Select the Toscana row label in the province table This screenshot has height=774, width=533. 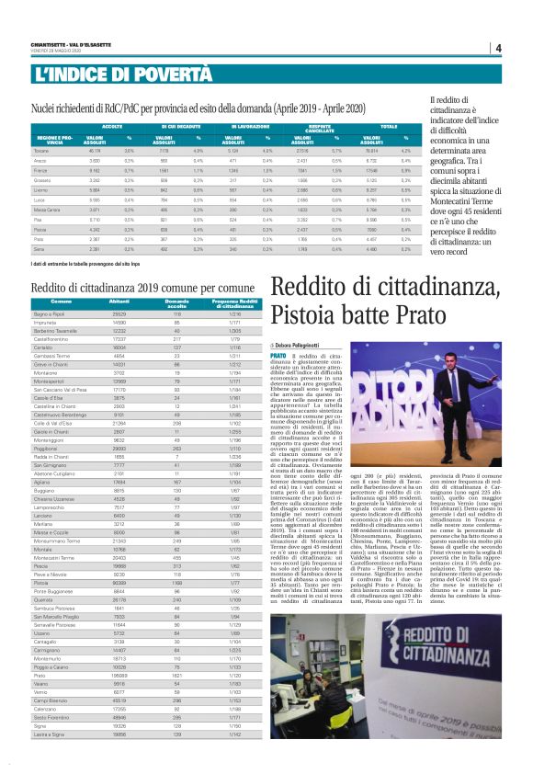pyautogui.click(x=40, y=150)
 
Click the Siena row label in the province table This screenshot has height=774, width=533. pyautogui.click(x=40, y=248)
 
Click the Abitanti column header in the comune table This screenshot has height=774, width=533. pyautogui.click(x=119, y=302)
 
